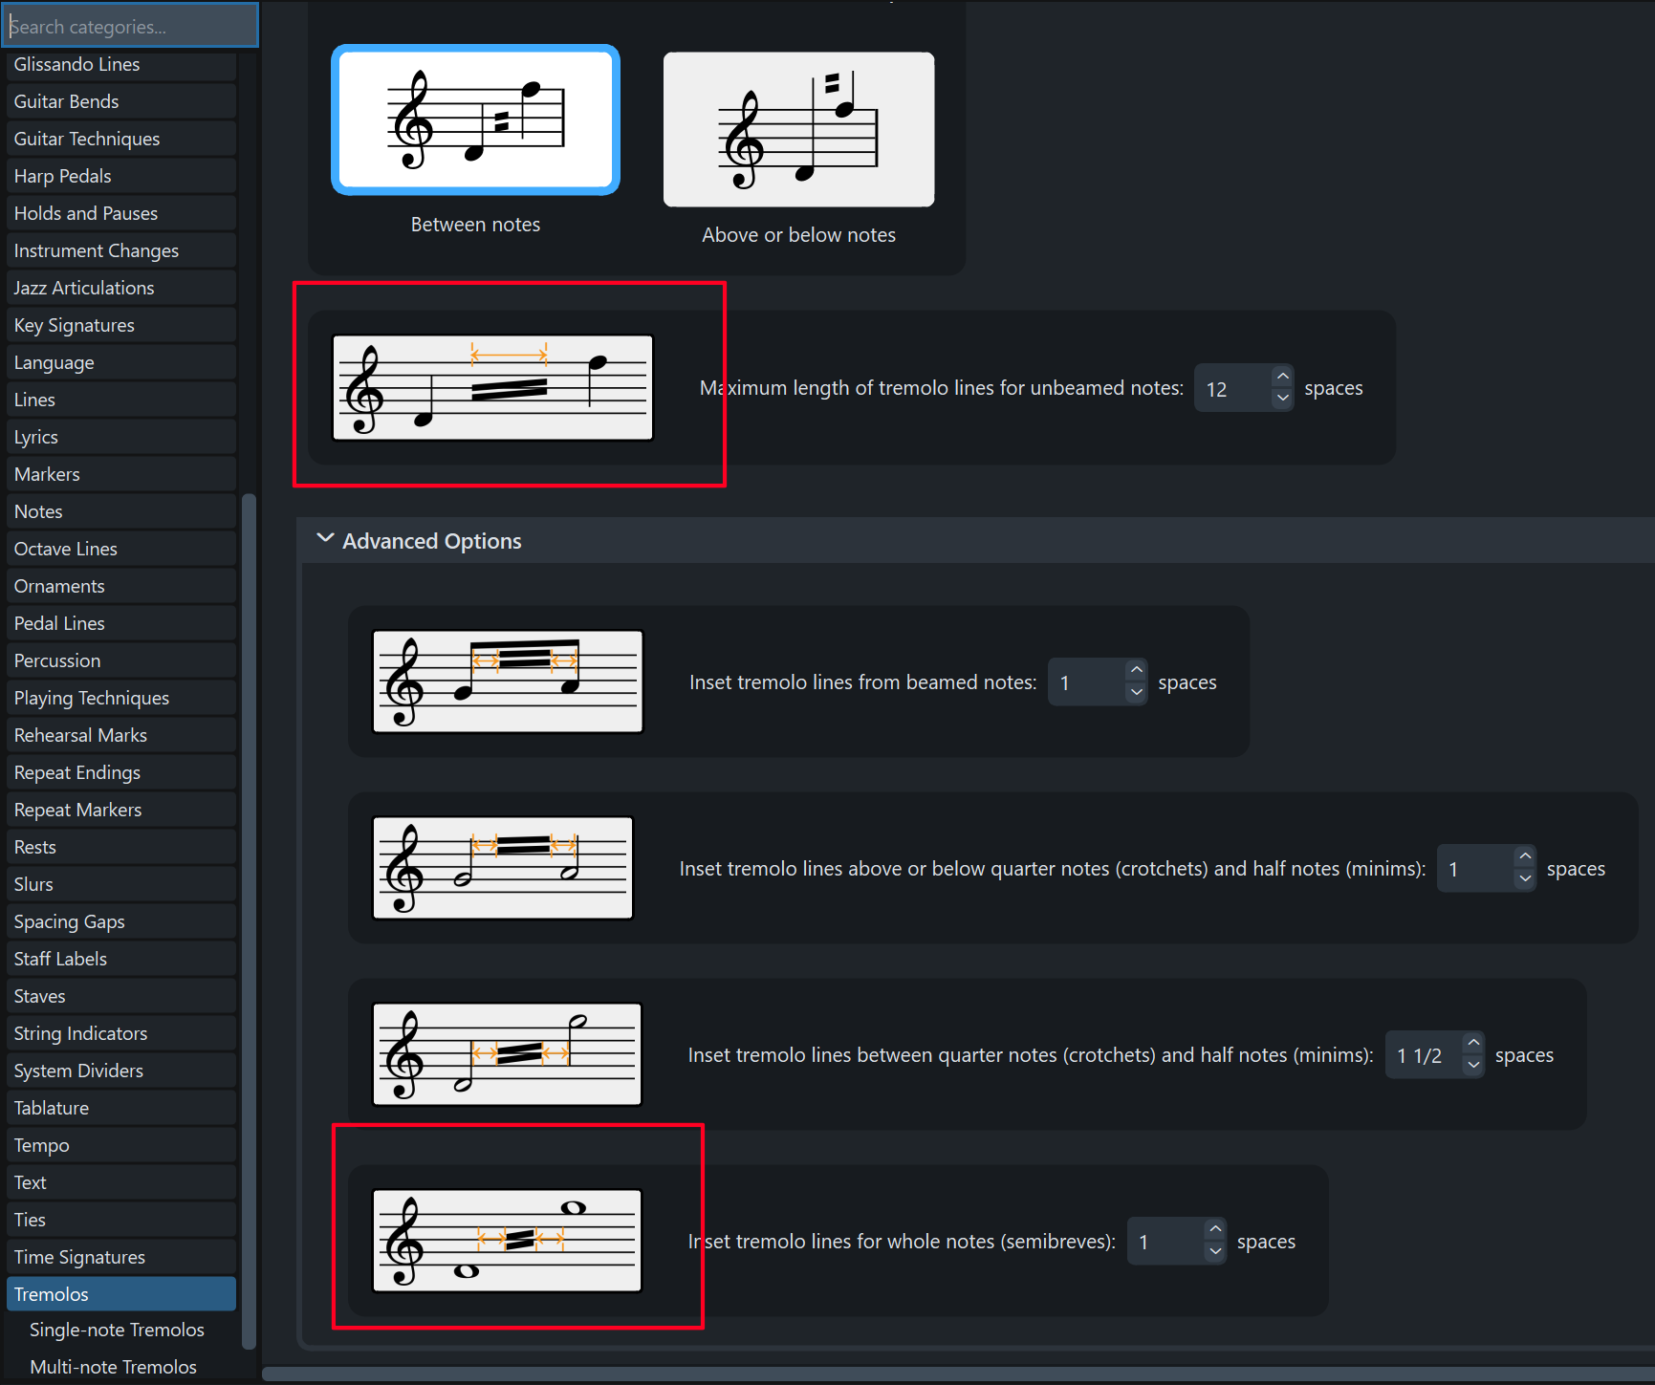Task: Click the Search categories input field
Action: tap(129, 26)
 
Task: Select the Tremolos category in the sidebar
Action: tap(121, 1294)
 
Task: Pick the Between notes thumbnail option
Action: tap(475, 119)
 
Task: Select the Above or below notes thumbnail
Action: tap(798, 129)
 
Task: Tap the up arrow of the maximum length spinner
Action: tap(1283, 377)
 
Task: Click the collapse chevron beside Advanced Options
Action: tap(325, 539)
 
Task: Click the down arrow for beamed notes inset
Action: tap(1137, 693)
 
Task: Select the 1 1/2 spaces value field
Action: tap(1422, 1055)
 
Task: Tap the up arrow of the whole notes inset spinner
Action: tap(1215, 1229)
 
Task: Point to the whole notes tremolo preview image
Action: tap(507, 1241)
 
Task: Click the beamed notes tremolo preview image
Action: tap(508, 682)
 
